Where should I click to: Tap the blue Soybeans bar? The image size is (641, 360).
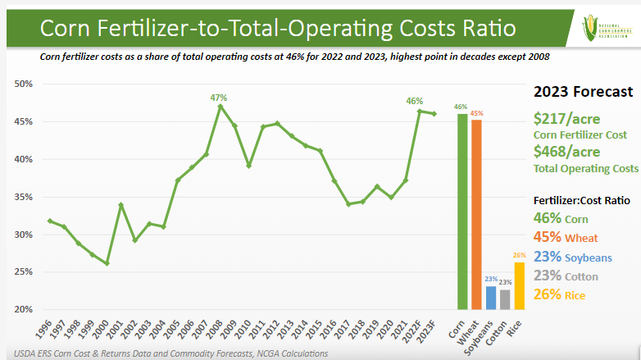[491, 298]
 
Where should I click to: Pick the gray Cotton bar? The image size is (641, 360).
[505, 299]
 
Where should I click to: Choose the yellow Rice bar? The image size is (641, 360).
[519, 285]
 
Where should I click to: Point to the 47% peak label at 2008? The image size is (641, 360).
[219, 98]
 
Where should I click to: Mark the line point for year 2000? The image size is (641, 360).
[107, 263]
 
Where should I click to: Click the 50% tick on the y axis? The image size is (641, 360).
[22, 84]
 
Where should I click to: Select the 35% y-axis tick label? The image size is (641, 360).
[22, 197]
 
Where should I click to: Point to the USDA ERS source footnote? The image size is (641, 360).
[164, 353]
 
